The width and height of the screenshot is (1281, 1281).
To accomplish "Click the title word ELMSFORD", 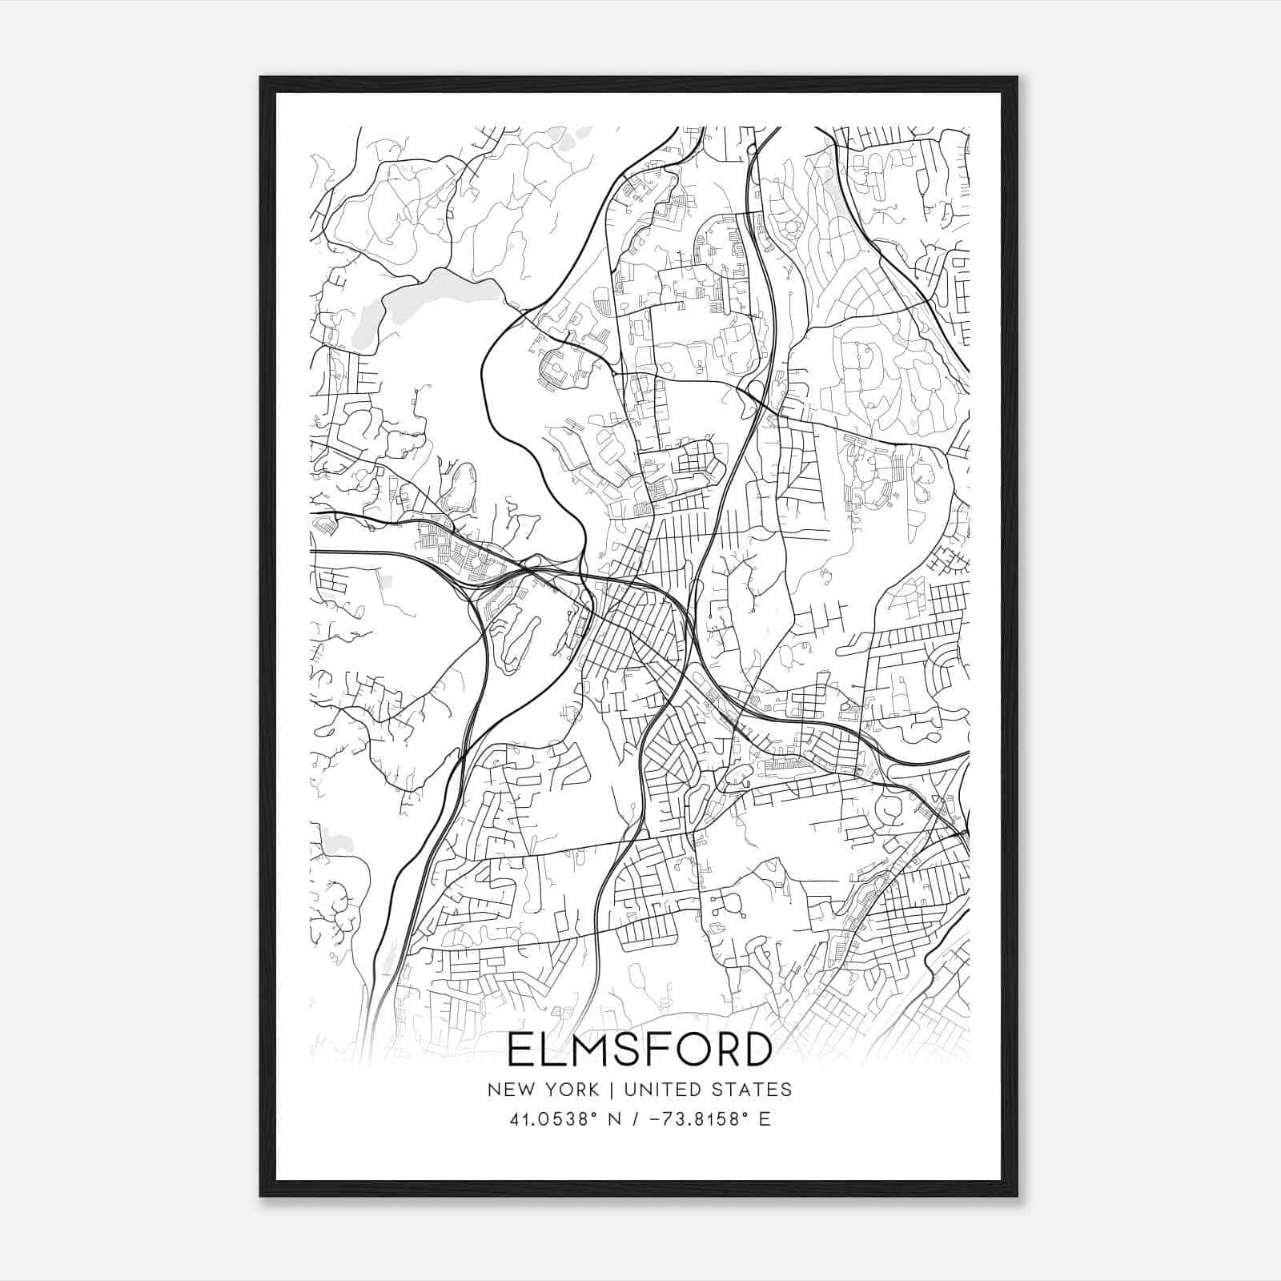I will tap(640, 1050).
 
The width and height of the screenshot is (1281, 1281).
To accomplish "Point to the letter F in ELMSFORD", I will tap(662, 1050).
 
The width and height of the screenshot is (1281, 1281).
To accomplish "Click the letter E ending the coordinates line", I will tap(765, 1119).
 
